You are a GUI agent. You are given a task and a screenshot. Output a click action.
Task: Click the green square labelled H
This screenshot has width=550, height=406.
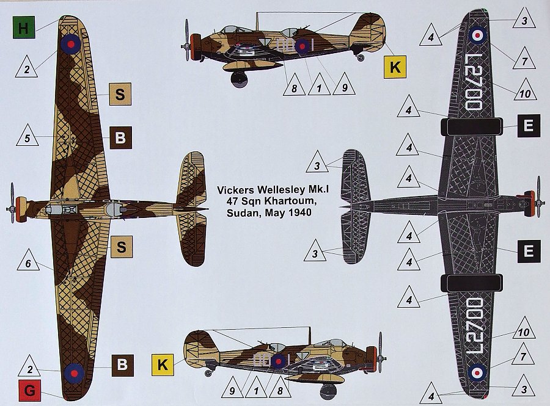click(x=23, y=27)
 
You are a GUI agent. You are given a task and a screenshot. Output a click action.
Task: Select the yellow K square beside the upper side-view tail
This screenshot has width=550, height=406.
click(x=395, y=67)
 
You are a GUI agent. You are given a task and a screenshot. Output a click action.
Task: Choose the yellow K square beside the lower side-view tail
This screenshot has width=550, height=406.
click(x=163, y=364)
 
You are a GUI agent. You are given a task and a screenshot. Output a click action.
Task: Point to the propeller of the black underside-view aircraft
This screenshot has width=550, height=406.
click(x=539, y=197)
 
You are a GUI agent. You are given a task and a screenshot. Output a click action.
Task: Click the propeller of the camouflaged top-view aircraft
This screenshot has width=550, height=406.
click(x=12, y=203)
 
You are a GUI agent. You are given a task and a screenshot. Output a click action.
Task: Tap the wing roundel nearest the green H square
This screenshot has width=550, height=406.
click(x=71, y=44)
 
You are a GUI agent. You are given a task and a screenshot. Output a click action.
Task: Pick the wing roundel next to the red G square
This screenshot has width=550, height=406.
click(x=74, y=373)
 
